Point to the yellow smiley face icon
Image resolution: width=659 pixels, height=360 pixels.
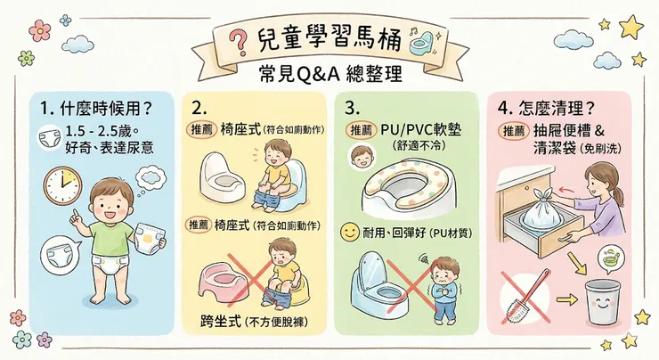(x=349, y=234)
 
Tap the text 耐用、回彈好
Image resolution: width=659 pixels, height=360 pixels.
(x=392, y=234)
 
